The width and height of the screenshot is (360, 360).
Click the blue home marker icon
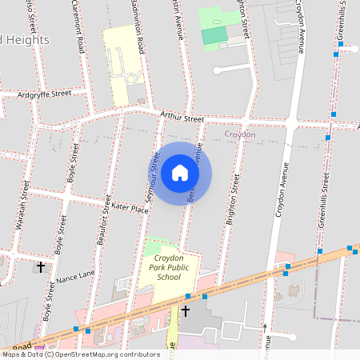(x=180, y=173)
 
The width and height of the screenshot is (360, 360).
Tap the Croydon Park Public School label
(x=169, y=268)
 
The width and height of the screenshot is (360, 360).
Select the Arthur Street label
(x=182, y=118)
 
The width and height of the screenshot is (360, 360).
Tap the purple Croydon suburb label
(x=240, y=134)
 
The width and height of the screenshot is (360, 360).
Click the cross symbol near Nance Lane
(x=41, y=266)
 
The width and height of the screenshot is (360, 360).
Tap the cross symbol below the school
(x=186, y=310)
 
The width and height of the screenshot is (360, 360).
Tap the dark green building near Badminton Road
(x=214, y=35)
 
